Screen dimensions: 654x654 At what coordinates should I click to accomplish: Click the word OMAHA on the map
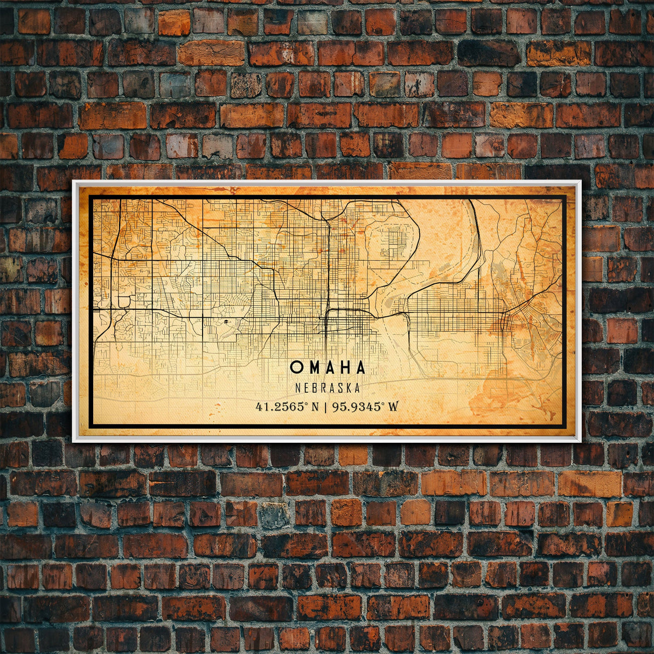(x=328, y=367)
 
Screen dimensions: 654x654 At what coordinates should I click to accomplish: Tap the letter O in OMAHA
(x=296, y=367)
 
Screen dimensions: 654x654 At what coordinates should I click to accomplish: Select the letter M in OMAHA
(x=312, y=367)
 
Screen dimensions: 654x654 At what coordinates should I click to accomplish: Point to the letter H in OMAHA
(x=344, y=367)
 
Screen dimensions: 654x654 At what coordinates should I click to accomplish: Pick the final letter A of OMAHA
(x=360, y=367)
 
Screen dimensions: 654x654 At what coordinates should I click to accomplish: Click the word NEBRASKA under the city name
(x=328, y=387)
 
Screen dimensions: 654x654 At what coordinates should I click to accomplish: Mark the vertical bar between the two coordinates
(x=326, y=406)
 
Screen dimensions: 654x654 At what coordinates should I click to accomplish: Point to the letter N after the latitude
(x=315, y=406)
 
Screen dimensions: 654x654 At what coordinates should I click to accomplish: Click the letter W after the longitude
(x=393, y=406)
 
